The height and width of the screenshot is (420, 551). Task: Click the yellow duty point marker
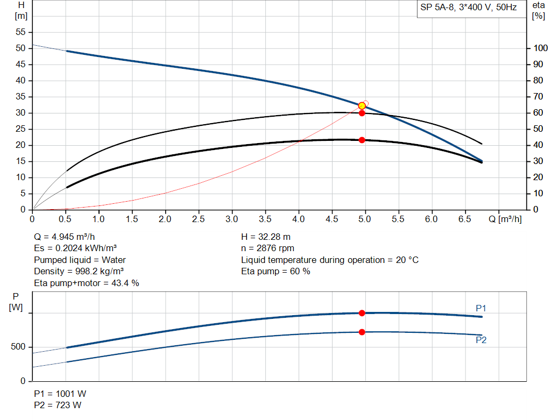click(362, 105)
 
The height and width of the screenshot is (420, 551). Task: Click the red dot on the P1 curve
click(362, 313)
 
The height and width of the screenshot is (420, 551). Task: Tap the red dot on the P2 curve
click(362, 332)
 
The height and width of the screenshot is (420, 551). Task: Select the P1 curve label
click(481, 308)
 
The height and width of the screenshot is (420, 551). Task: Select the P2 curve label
click(481, 340)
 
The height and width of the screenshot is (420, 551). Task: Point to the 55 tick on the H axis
click(20, 32)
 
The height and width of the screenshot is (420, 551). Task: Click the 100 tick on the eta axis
click(539, 48)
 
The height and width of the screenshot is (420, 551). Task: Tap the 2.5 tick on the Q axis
click(199, 219)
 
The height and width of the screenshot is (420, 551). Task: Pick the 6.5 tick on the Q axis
click(464, 219)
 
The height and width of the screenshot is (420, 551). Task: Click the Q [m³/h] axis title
click(505, 219)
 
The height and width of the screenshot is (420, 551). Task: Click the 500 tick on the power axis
click(18, 347)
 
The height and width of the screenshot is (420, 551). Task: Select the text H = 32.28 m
click(266, 237)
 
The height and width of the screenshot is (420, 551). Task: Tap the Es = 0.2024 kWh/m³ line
click(75, 248)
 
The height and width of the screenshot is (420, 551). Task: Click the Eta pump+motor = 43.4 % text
click(86, 283)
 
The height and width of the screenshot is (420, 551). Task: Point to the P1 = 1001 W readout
click(59, 393)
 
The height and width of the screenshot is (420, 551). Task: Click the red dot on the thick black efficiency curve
click(362, 140)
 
